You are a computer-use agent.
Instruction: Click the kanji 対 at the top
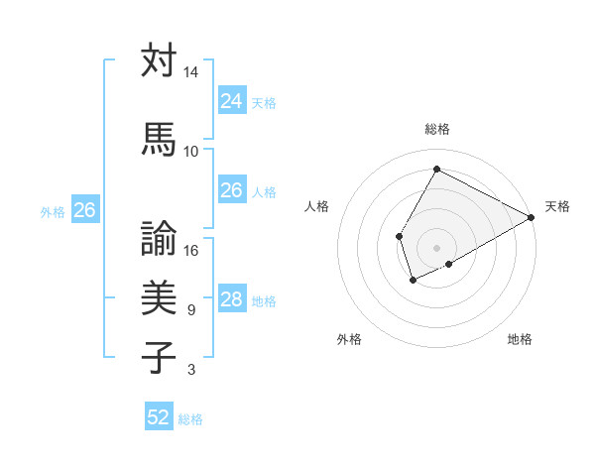[x=159, y=60]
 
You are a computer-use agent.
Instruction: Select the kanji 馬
[x=159, y=138]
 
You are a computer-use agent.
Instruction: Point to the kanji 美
[x=159, y=296]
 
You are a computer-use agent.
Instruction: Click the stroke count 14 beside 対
[x=190, y=73]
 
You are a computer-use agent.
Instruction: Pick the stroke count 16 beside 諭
[x=190, y=250]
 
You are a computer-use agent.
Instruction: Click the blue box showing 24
[x=231, y=100]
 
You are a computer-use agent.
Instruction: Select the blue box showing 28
[x=231, y=299]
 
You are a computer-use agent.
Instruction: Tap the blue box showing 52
[x=159, y=417]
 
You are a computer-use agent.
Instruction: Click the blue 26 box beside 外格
[x=84, y=209]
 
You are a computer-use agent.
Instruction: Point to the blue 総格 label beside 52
[x=190, y=419]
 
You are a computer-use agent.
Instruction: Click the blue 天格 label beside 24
[x=264, y=102]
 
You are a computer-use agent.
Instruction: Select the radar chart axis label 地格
[x=520, y=339]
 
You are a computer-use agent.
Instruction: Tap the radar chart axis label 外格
[x=349, y=339]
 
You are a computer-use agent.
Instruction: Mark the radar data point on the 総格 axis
[x=435, y=170]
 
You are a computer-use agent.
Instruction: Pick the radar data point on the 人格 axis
[x=399, y=236]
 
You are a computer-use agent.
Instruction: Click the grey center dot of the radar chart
[x=436, y=247]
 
